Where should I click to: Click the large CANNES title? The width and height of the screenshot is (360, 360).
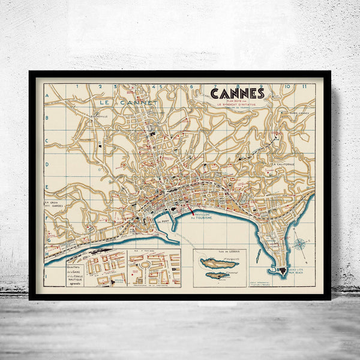pyautogui.click(x=237, y=93)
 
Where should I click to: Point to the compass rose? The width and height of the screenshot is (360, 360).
pyautogui.click(x=299, y=244)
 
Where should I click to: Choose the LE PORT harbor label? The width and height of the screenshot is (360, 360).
pyautogui.click(x=162, y=220)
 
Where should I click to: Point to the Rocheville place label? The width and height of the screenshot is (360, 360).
pyautogui.click(x=84, y=116)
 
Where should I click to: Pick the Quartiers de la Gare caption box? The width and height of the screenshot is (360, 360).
pyautogui.click(x=76, y=271)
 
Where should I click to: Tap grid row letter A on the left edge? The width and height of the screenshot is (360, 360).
pyautogui.click(x=47, y=94)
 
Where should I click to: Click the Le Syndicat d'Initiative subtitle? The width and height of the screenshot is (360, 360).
pyautogui.click(x=237, y=104)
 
